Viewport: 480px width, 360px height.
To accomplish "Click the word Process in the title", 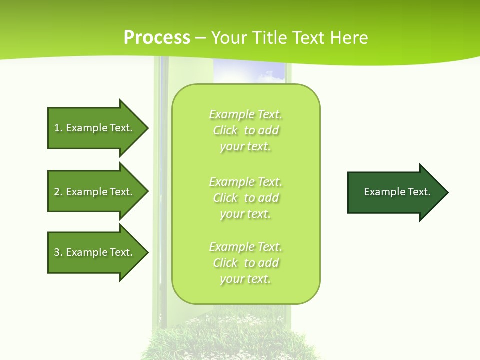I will coord(157,38).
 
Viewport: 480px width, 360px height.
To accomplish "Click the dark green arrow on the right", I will coord(395,192).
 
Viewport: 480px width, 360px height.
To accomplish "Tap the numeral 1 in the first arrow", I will coord(57,128).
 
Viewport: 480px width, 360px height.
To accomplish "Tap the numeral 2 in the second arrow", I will coord(57,192).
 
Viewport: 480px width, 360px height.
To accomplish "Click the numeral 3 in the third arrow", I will coord(57,252).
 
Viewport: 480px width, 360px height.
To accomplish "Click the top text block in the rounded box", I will coord(246,130).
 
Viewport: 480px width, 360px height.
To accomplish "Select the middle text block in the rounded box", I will coord(246,198).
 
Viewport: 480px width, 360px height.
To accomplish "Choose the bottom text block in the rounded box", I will coord(246,263).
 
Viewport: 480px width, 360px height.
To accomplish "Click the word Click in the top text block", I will coord(225,131).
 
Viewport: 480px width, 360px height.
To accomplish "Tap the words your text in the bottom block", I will coord(245,279).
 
